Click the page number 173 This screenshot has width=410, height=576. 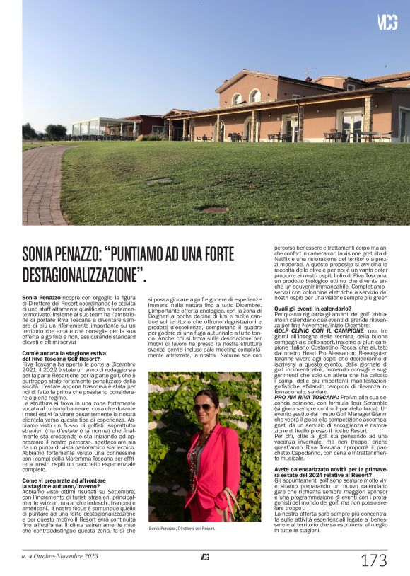coord(373,560)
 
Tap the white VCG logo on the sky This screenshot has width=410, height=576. coord(387,22)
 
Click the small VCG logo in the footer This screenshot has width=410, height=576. coord(204,557)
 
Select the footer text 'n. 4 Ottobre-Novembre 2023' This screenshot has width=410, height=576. coord(57,557)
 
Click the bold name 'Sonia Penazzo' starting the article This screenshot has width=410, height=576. coord(41,299)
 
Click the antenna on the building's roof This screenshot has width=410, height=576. coord(307,71)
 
